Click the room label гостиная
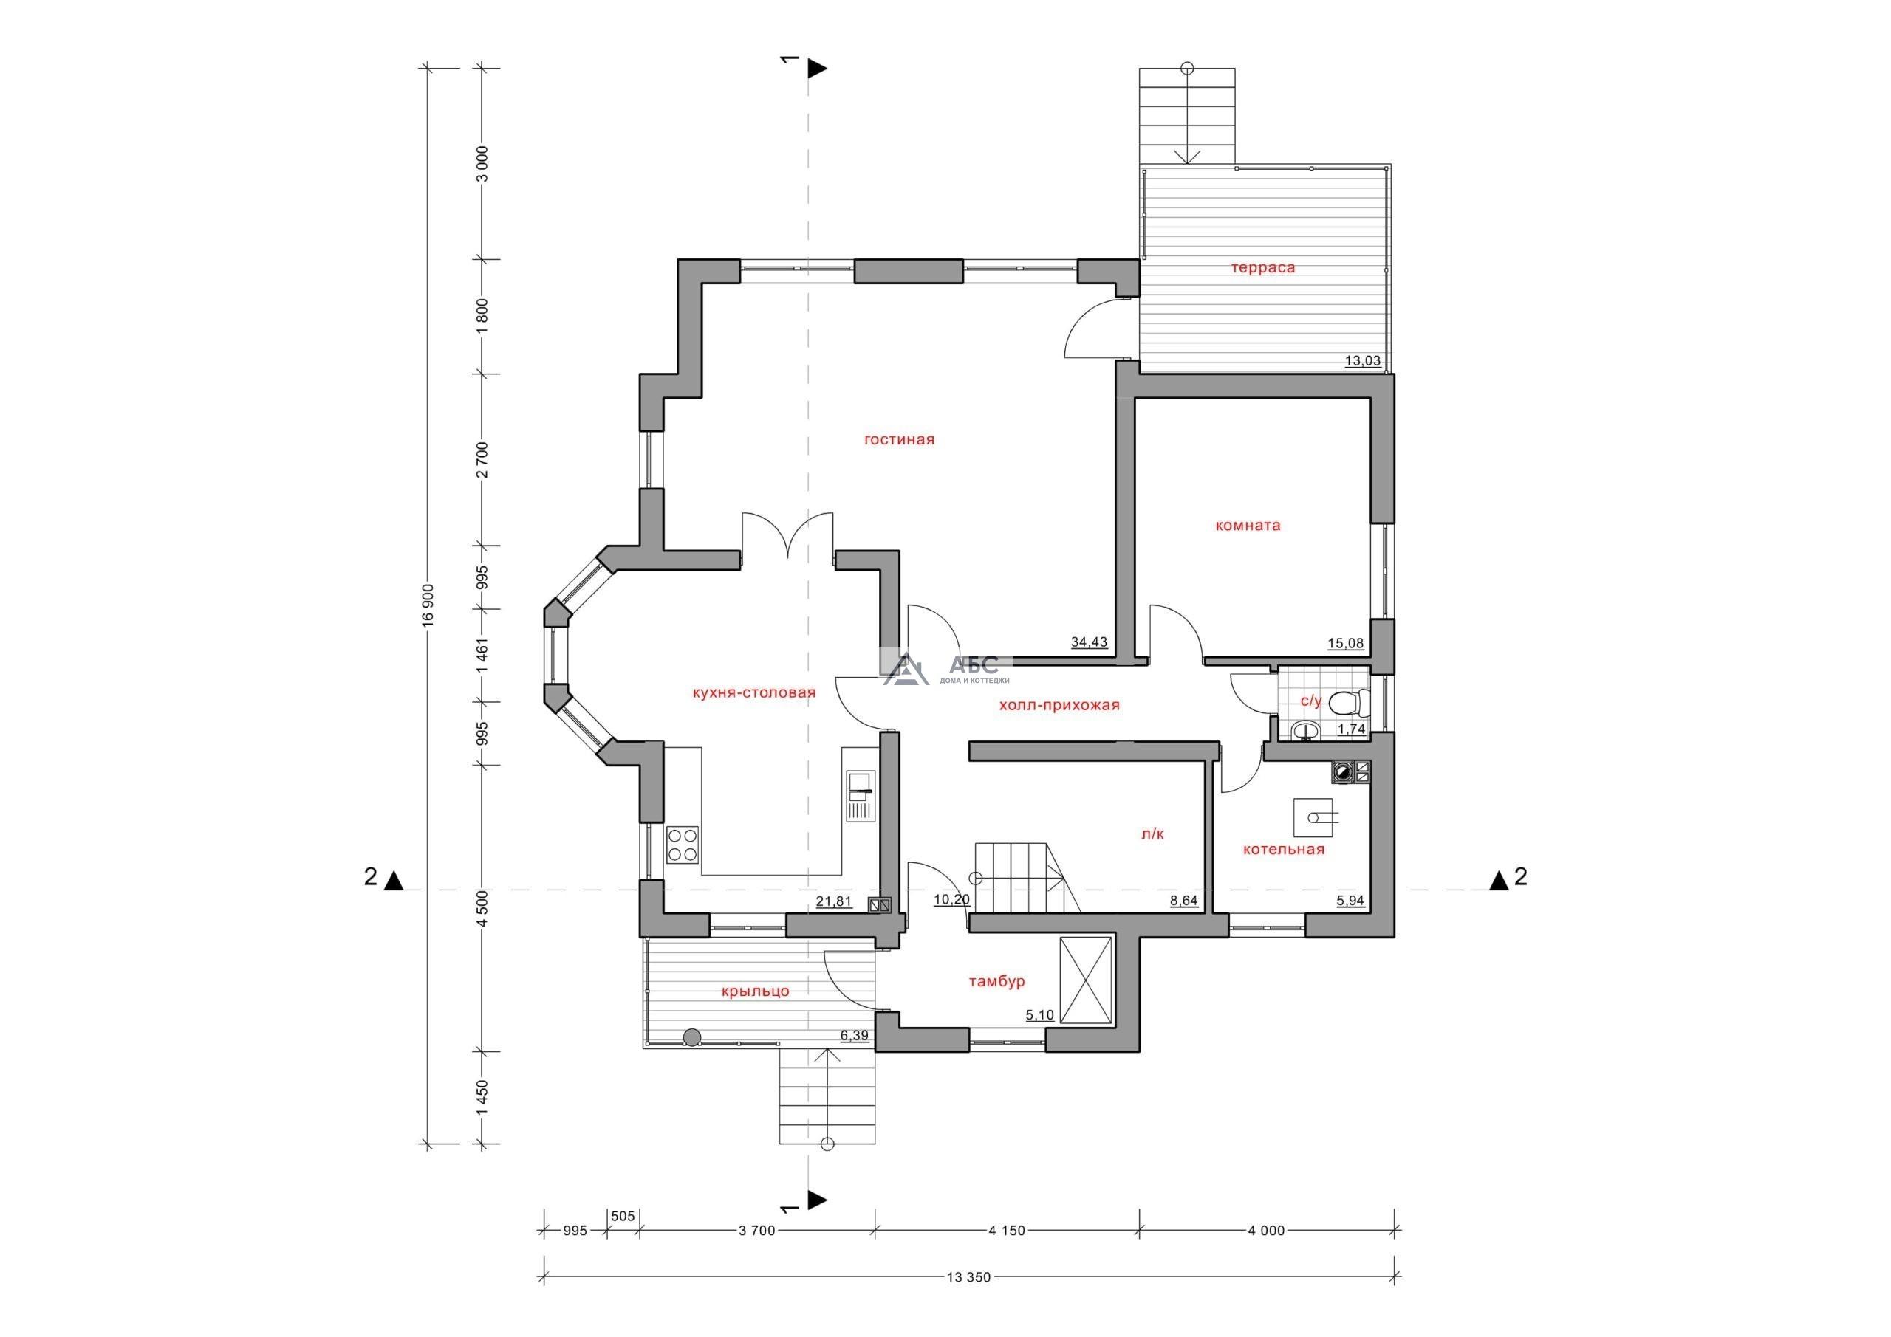(898, 439)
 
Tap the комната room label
(1248, 525)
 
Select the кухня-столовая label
(754, 692)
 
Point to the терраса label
(1262, 267)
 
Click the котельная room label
(1283, 849)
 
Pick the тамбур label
(996, 981)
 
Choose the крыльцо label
(754, 991)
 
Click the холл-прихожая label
(1059, 705)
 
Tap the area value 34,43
(1089, 642)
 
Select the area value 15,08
(1345, 643)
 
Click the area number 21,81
(833, 901)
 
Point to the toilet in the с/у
(1349, 702)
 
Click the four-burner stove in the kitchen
(683, 845)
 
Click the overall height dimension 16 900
(427, 606)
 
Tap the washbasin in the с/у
(1303, 730)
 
